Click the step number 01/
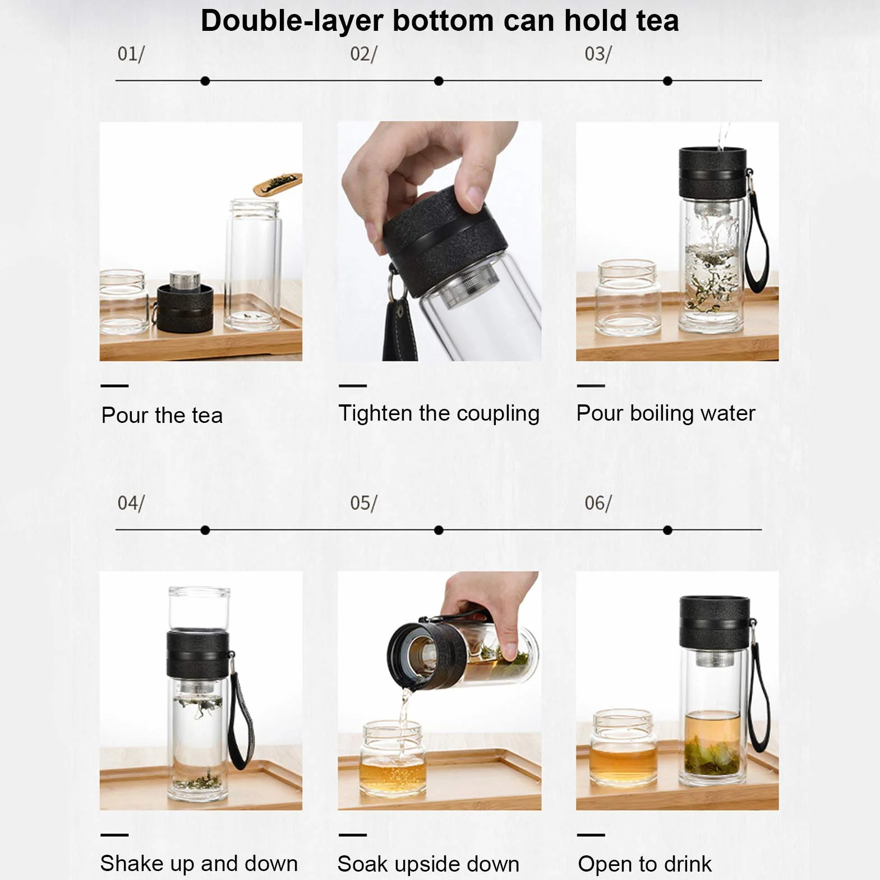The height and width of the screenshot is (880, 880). click(x=131, y=54)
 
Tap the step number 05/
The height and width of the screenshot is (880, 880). click(x=363, y=503)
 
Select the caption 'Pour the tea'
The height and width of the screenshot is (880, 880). click(x=162, y=415)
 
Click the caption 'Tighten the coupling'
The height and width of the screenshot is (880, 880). click(x=439, y=413)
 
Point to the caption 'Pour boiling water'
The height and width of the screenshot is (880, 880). click(x=666, y=413)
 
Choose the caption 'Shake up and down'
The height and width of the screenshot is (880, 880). click(x=199, y=863)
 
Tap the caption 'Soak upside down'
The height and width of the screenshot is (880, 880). click(x=429, y=864)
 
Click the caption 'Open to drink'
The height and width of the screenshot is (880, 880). click(x=644, y=864)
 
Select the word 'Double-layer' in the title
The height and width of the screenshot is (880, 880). click(x=292, y=21)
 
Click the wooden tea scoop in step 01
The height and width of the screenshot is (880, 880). click(x=278, y=183)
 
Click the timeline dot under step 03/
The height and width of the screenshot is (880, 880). click(x=667, y=81)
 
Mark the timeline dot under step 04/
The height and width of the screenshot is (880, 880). click(x=205, y=530)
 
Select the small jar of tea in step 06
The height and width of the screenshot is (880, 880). click(x=624, y=748)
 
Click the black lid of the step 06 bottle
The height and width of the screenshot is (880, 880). click(x=714, y=622)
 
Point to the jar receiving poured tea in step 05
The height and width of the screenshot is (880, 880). click(x=394, y=758)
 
